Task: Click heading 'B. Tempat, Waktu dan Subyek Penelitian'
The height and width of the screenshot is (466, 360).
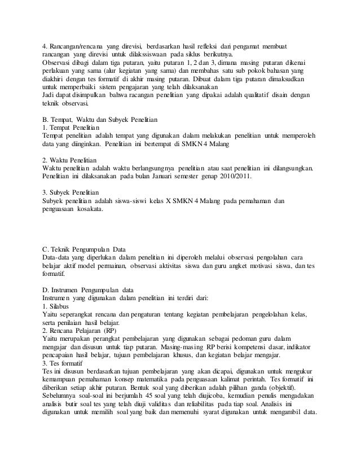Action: point(100,120)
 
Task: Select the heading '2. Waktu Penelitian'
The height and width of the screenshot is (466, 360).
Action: point(71,160)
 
